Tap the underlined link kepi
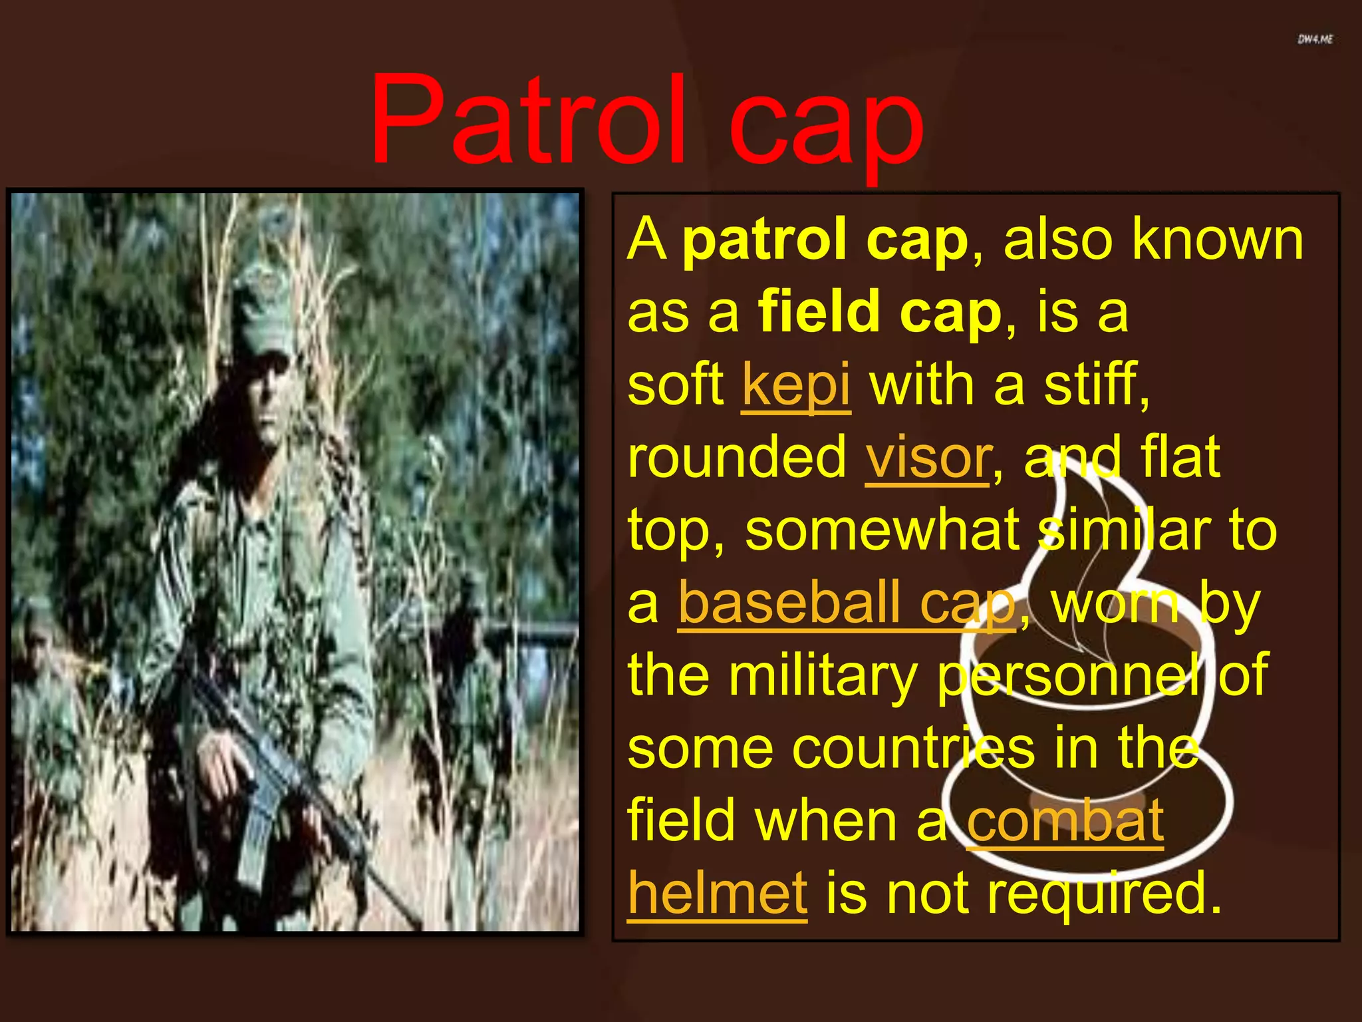pos(795,385)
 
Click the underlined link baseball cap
pos(847,604)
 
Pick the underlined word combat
pos(1064,821)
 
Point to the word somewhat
pos(882,530)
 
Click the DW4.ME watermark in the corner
pos(1315,39)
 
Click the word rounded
pos(736,458)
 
